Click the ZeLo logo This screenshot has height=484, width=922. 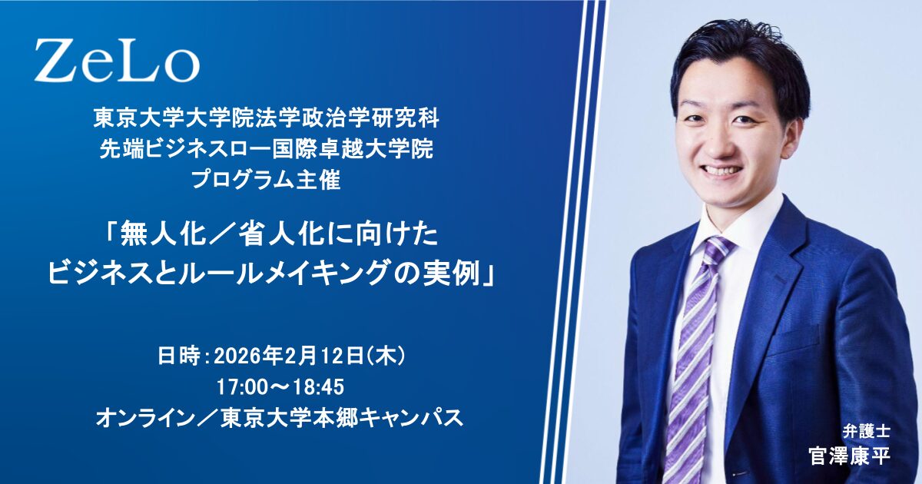[x=117, y=61]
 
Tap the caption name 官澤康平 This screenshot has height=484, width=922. [x=850, y=456]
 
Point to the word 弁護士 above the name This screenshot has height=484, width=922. [x=867, y=431]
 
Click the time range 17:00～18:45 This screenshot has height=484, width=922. [x=280, y=387]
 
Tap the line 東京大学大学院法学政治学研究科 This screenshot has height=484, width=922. [x=267, y=119]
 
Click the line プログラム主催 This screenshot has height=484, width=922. [x=266, y=181]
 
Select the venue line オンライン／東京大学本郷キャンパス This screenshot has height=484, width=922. [x=280, y=419]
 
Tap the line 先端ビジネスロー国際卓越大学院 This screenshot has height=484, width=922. [x=267, y=150]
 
